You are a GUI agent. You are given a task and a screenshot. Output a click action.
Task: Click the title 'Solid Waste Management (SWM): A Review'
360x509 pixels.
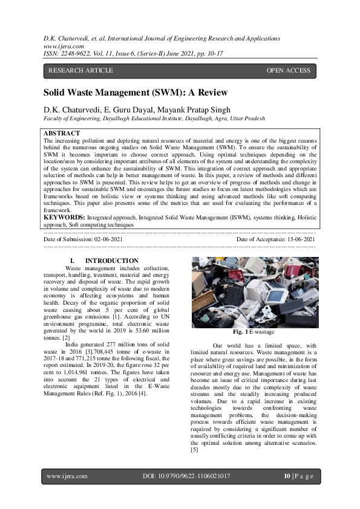(135, 93)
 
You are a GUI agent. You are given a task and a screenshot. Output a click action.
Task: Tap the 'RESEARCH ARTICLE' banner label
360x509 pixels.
(80, 71)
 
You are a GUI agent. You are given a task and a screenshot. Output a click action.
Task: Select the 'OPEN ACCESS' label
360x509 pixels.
(288, 71)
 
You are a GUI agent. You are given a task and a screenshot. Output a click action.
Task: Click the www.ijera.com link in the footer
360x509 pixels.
(67, 476)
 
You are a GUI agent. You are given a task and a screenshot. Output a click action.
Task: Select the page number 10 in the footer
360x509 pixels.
(287, 476)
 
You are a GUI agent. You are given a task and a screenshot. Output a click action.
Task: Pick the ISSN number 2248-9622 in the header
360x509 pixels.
(82, 53)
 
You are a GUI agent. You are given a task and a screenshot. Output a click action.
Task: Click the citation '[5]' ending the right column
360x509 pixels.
(194, 450)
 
